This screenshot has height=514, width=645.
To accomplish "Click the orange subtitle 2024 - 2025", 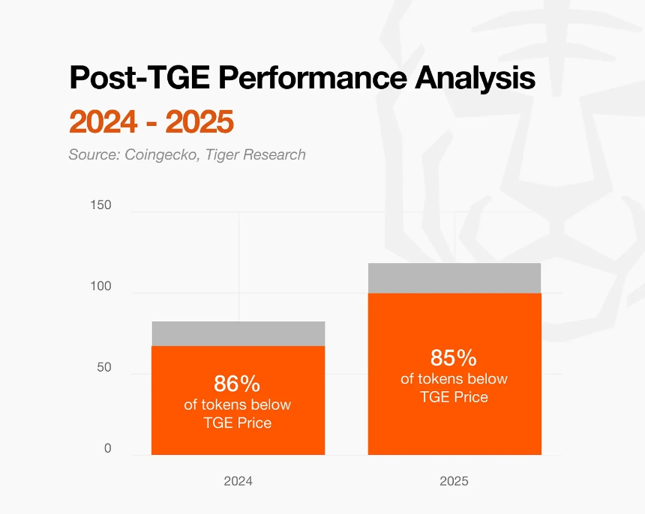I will coord(151,121).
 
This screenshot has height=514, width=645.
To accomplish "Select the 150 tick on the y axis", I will coord(100,205).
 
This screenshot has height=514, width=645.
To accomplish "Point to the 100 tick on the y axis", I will coord(100,286).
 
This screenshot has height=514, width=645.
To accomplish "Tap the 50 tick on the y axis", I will coord(103,367).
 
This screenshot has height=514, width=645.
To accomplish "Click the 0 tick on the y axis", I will coord(107,448).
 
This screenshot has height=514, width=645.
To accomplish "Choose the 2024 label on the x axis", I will coord(238,481).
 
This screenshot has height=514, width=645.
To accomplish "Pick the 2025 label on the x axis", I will coord(454,481).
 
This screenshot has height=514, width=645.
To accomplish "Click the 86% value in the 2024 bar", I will coord(237,384).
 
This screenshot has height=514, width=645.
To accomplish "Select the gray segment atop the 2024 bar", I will coord(238,333).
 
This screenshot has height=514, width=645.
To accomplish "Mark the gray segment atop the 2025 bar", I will coord(454,278).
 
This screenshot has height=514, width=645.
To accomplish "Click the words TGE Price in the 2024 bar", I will coord(237,423).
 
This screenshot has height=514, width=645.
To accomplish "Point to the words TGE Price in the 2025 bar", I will coord(454,397).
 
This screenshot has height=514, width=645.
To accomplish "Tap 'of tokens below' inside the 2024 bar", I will coord(237,405).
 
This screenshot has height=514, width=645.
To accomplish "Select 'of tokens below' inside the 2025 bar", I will coord(454,378).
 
